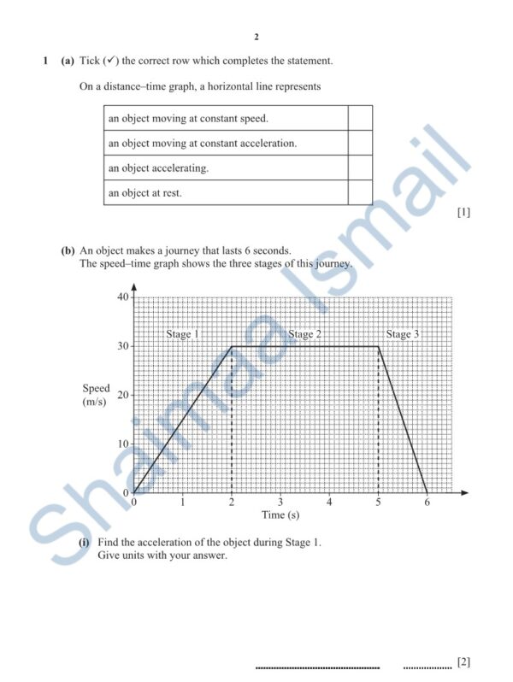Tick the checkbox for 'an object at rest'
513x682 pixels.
(360, 193)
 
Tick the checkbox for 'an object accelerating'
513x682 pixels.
(360, 168)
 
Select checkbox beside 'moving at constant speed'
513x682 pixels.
(360, 118)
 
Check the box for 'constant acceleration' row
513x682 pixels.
(360, 144)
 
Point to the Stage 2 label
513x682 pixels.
(304, 334)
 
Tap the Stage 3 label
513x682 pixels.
(403, 334)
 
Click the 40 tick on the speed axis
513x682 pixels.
(122, 297)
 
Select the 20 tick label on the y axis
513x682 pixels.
(122, 395)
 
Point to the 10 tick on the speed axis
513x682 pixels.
(122, 444)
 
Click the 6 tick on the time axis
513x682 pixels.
(427, 503)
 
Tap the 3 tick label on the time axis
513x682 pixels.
(280, 503)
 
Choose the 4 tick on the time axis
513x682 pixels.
(329, 503)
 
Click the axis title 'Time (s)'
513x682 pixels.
(280, 515)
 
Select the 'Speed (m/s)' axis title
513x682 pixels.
(95, 395)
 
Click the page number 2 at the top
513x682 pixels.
(256, 37)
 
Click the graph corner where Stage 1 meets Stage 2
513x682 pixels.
(232, 346)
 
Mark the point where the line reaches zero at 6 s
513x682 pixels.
(427, 493)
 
